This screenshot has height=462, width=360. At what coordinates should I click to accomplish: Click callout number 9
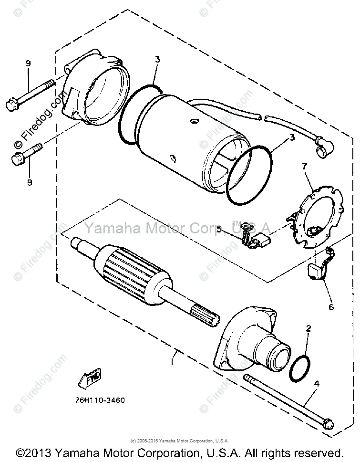coord(28,63)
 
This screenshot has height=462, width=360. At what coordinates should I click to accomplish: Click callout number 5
coord(219,229)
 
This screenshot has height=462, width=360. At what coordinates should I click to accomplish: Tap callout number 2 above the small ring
coord(309,328)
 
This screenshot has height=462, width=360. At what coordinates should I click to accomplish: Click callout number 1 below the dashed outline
coord(173,362)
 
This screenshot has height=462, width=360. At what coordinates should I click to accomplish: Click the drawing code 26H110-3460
coord(99,400)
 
